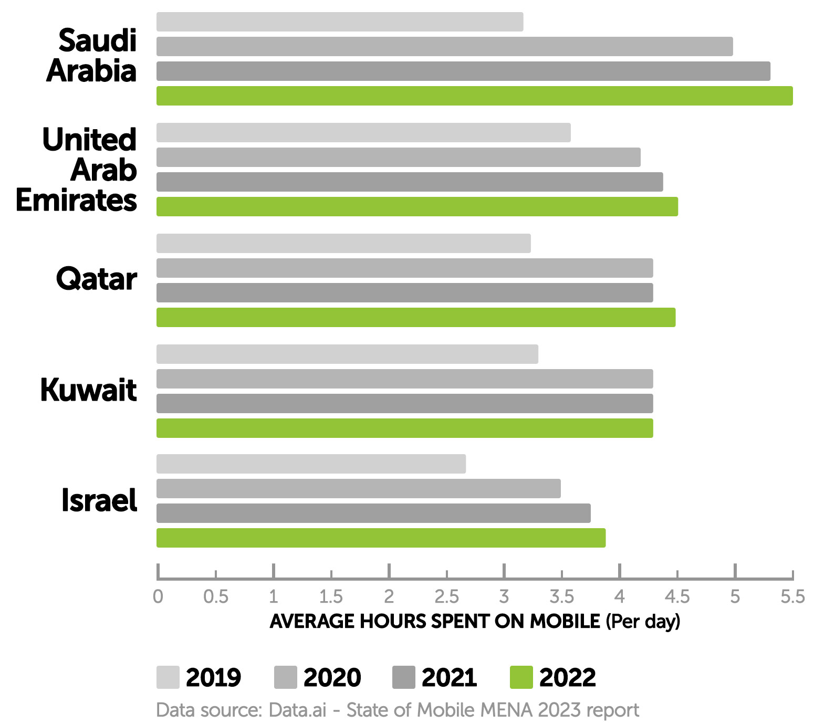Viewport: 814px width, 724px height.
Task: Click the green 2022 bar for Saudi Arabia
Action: tap(474, 96)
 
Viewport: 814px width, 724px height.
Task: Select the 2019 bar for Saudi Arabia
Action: tap(340, 22)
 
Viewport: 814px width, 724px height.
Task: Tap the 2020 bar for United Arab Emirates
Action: tap(398, 157)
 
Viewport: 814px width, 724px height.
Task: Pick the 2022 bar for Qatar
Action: tap(416, 318)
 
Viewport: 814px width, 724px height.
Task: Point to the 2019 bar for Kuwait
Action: tap(347, 354)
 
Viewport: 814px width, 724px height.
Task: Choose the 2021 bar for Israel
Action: tap(373, 513)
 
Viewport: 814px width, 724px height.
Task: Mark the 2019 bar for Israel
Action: tap(311, 464)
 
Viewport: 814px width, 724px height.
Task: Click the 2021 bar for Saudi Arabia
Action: tap(463, 71)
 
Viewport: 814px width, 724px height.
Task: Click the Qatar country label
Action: tap(97, 279)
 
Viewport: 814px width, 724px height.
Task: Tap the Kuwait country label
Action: tap(89, 390)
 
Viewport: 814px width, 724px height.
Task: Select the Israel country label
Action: tap(99, 500)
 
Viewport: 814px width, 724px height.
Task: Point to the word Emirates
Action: tap(77, 201)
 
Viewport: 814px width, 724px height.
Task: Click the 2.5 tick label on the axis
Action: tap(446, 597)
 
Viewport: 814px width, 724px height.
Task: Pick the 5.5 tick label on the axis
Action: tap(792, 597)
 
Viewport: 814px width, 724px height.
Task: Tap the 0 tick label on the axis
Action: tap(158, 597)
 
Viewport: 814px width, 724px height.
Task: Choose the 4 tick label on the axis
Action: tap(620, 597)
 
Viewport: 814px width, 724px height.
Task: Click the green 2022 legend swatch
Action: tap(521, 677)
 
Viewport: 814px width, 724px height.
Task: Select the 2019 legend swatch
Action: tap(168, 677)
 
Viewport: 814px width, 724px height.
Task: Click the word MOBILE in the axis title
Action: tap(565, 622)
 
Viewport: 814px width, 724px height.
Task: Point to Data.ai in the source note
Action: tap(297, 710)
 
